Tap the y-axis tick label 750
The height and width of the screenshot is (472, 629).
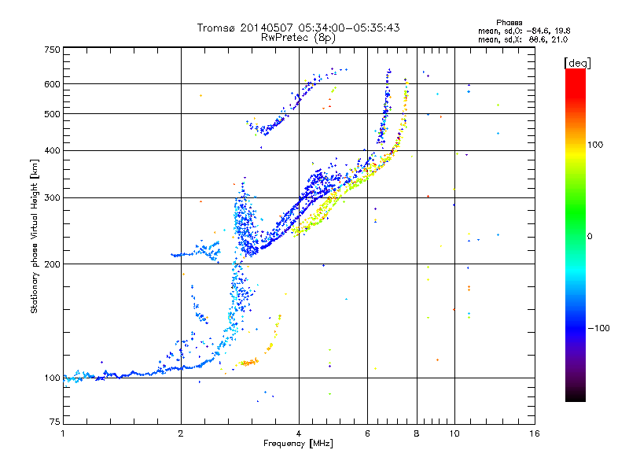(52, 50)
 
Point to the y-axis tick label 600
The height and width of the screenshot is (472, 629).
(52, 83)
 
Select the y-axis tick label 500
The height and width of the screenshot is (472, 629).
(52, 114)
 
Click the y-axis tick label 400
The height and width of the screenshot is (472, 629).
(52, 150)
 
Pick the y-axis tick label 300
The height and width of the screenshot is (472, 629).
(52, 197)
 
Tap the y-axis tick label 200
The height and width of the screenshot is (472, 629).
(52, 264)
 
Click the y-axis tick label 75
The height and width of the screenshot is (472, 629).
(54, 425)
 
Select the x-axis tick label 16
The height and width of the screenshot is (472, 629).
(535, 433)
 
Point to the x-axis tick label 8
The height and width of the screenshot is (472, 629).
(417, 433)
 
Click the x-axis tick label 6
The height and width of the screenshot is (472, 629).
(368, 433)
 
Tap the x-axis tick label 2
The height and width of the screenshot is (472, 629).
(181, 433)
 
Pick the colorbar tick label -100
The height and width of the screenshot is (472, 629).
(599, 328)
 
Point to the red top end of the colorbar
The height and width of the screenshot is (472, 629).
(575, 72)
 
